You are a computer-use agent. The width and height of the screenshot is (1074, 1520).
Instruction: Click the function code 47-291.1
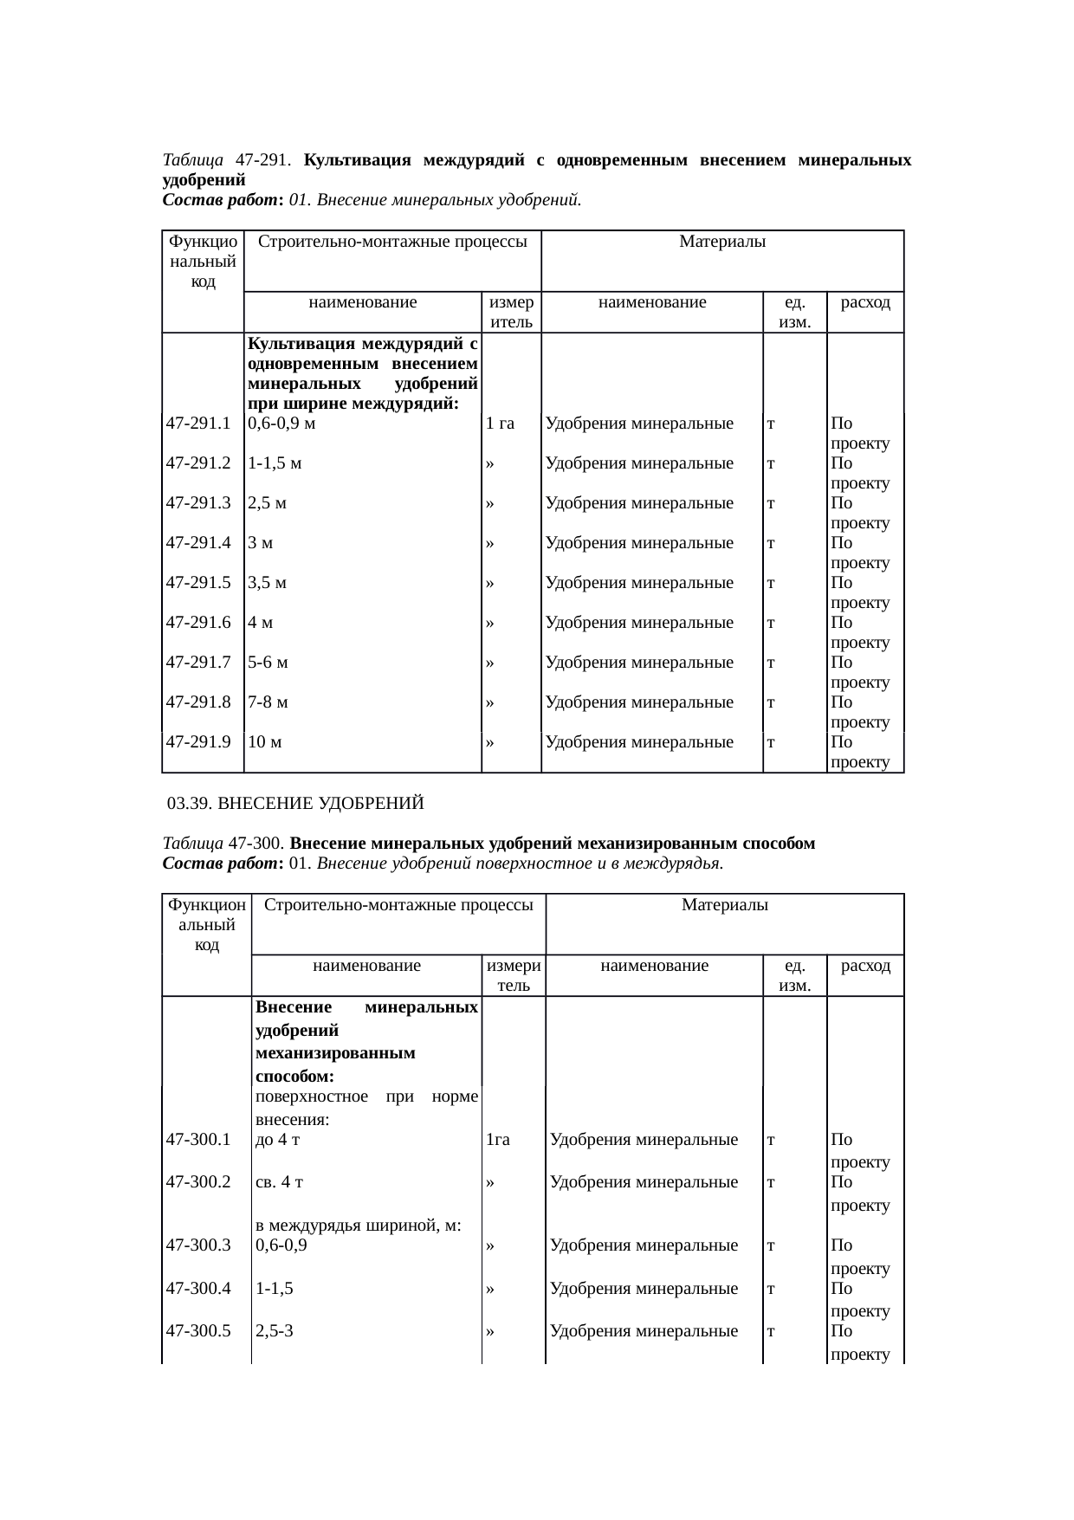pyautogui.click(x=198, y=424)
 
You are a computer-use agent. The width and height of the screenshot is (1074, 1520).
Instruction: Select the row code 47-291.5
pyautogui.click(x=198, y=583)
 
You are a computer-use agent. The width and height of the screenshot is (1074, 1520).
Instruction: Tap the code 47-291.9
pyautogui.click(x=198, y=741)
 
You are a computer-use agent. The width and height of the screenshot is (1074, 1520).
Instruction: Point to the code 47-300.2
pyautogui.click(x=198, y=1182)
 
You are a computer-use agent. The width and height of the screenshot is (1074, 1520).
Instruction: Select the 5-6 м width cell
pyautogui.click(x=268, y=663)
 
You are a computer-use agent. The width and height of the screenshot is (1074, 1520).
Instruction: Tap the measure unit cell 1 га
pyautogui.click(x=501, y=424)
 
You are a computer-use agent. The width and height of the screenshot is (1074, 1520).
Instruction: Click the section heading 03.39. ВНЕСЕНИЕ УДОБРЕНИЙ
pyautogui.click(x=295, y=804)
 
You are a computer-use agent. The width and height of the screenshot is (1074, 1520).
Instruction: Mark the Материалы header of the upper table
pyautogui.click(x=722, y=243)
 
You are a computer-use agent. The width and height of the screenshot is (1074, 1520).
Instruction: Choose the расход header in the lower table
pyautogui.click(x=865, y=966)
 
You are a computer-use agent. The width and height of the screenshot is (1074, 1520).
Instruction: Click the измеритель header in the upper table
pyautogui.click(x=511, y=313)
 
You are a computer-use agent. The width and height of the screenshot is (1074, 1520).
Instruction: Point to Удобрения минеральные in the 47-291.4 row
pyautogui.click(x=640, y=543)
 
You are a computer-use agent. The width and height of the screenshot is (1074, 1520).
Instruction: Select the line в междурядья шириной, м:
pyautogui.click(x=358, y=1226)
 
